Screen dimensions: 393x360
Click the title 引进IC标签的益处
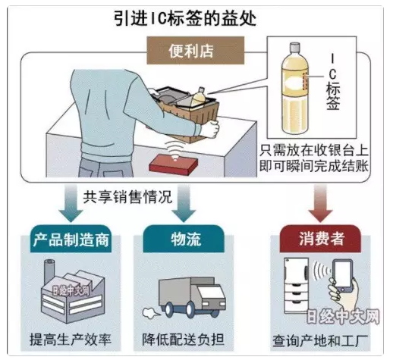(185, 18)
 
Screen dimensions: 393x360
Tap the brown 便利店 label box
(196, 50)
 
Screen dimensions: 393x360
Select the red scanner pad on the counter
(174, 164)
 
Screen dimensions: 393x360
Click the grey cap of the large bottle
(294, 47)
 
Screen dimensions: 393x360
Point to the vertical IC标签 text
(333, 83)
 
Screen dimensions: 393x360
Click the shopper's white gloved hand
(210, 129)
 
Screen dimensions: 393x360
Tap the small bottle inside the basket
(198, 97)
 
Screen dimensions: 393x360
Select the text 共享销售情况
(127, 197)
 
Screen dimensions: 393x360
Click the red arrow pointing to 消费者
(320, 203)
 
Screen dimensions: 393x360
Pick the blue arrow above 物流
(184, 203)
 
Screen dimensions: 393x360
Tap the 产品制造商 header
(71, 239)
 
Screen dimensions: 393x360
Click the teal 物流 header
(184, 239)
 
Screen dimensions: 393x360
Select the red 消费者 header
(320, 239)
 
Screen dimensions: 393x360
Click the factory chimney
(49, 271)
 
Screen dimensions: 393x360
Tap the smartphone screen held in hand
(342, 274)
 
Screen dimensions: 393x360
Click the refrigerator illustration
(297, 285)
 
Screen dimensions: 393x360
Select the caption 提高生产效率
(71, 340)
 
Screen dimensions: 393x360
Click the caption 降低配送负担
(184, 340)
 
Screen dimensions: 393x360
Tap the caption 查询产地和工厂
(320, 341)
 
